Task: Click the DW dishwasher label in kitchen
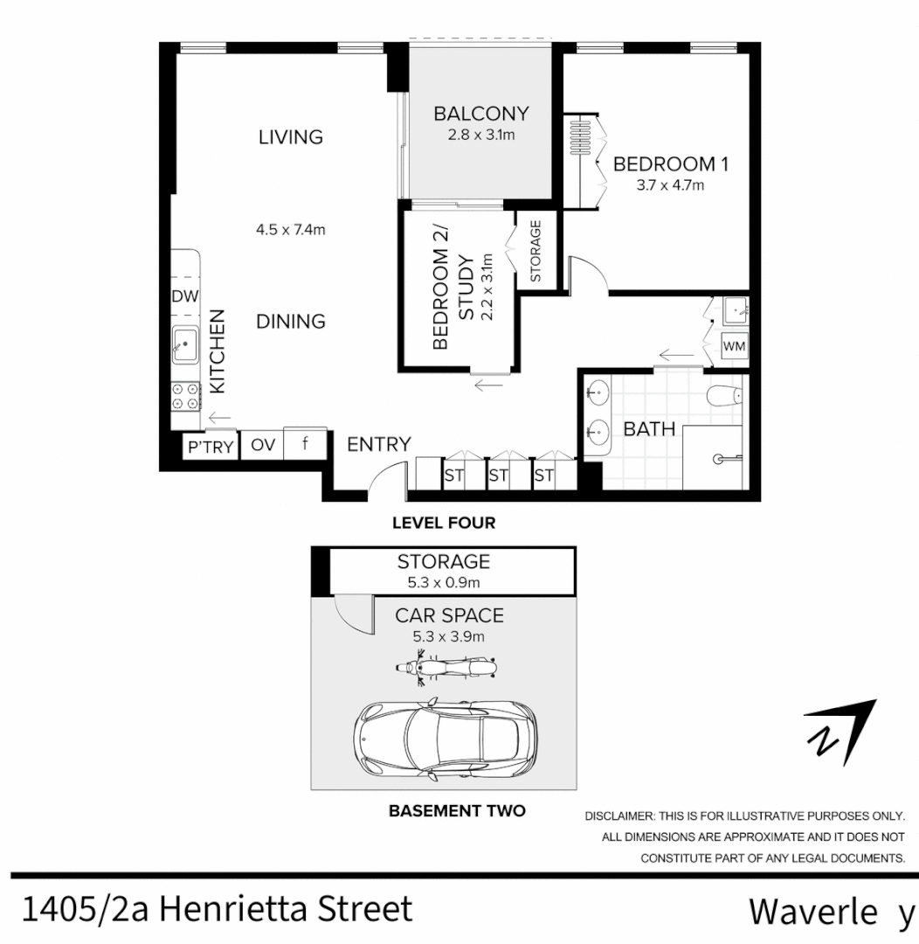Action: tap(184, 296)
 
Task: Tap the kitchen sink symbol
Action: tap(184, 345)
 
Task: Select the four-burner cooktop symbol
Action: tap(184, 397)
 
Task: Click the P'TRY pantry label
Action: tap(211, 447)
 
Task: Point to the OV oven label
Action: tap(263, 445)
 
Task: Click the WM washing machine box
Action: tap(735, 346)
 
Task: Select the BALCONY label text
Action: tap(481, 114)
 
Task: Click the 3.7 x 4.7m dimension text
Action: tap(670, 185)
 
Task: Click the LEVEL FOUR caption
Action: tap(444, 524)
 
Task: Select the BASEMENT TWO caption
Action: tap(457, 811)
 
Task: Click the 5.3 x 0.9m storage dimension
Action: tap(445, 581)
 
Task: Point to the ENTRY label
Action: tap(378, 444)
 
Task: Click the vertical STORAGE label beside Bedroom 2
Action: tap(536, 250)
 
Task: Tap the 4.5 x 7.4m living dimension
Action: tap(290, 231)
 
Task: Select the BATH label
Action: tap(649, 429)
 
